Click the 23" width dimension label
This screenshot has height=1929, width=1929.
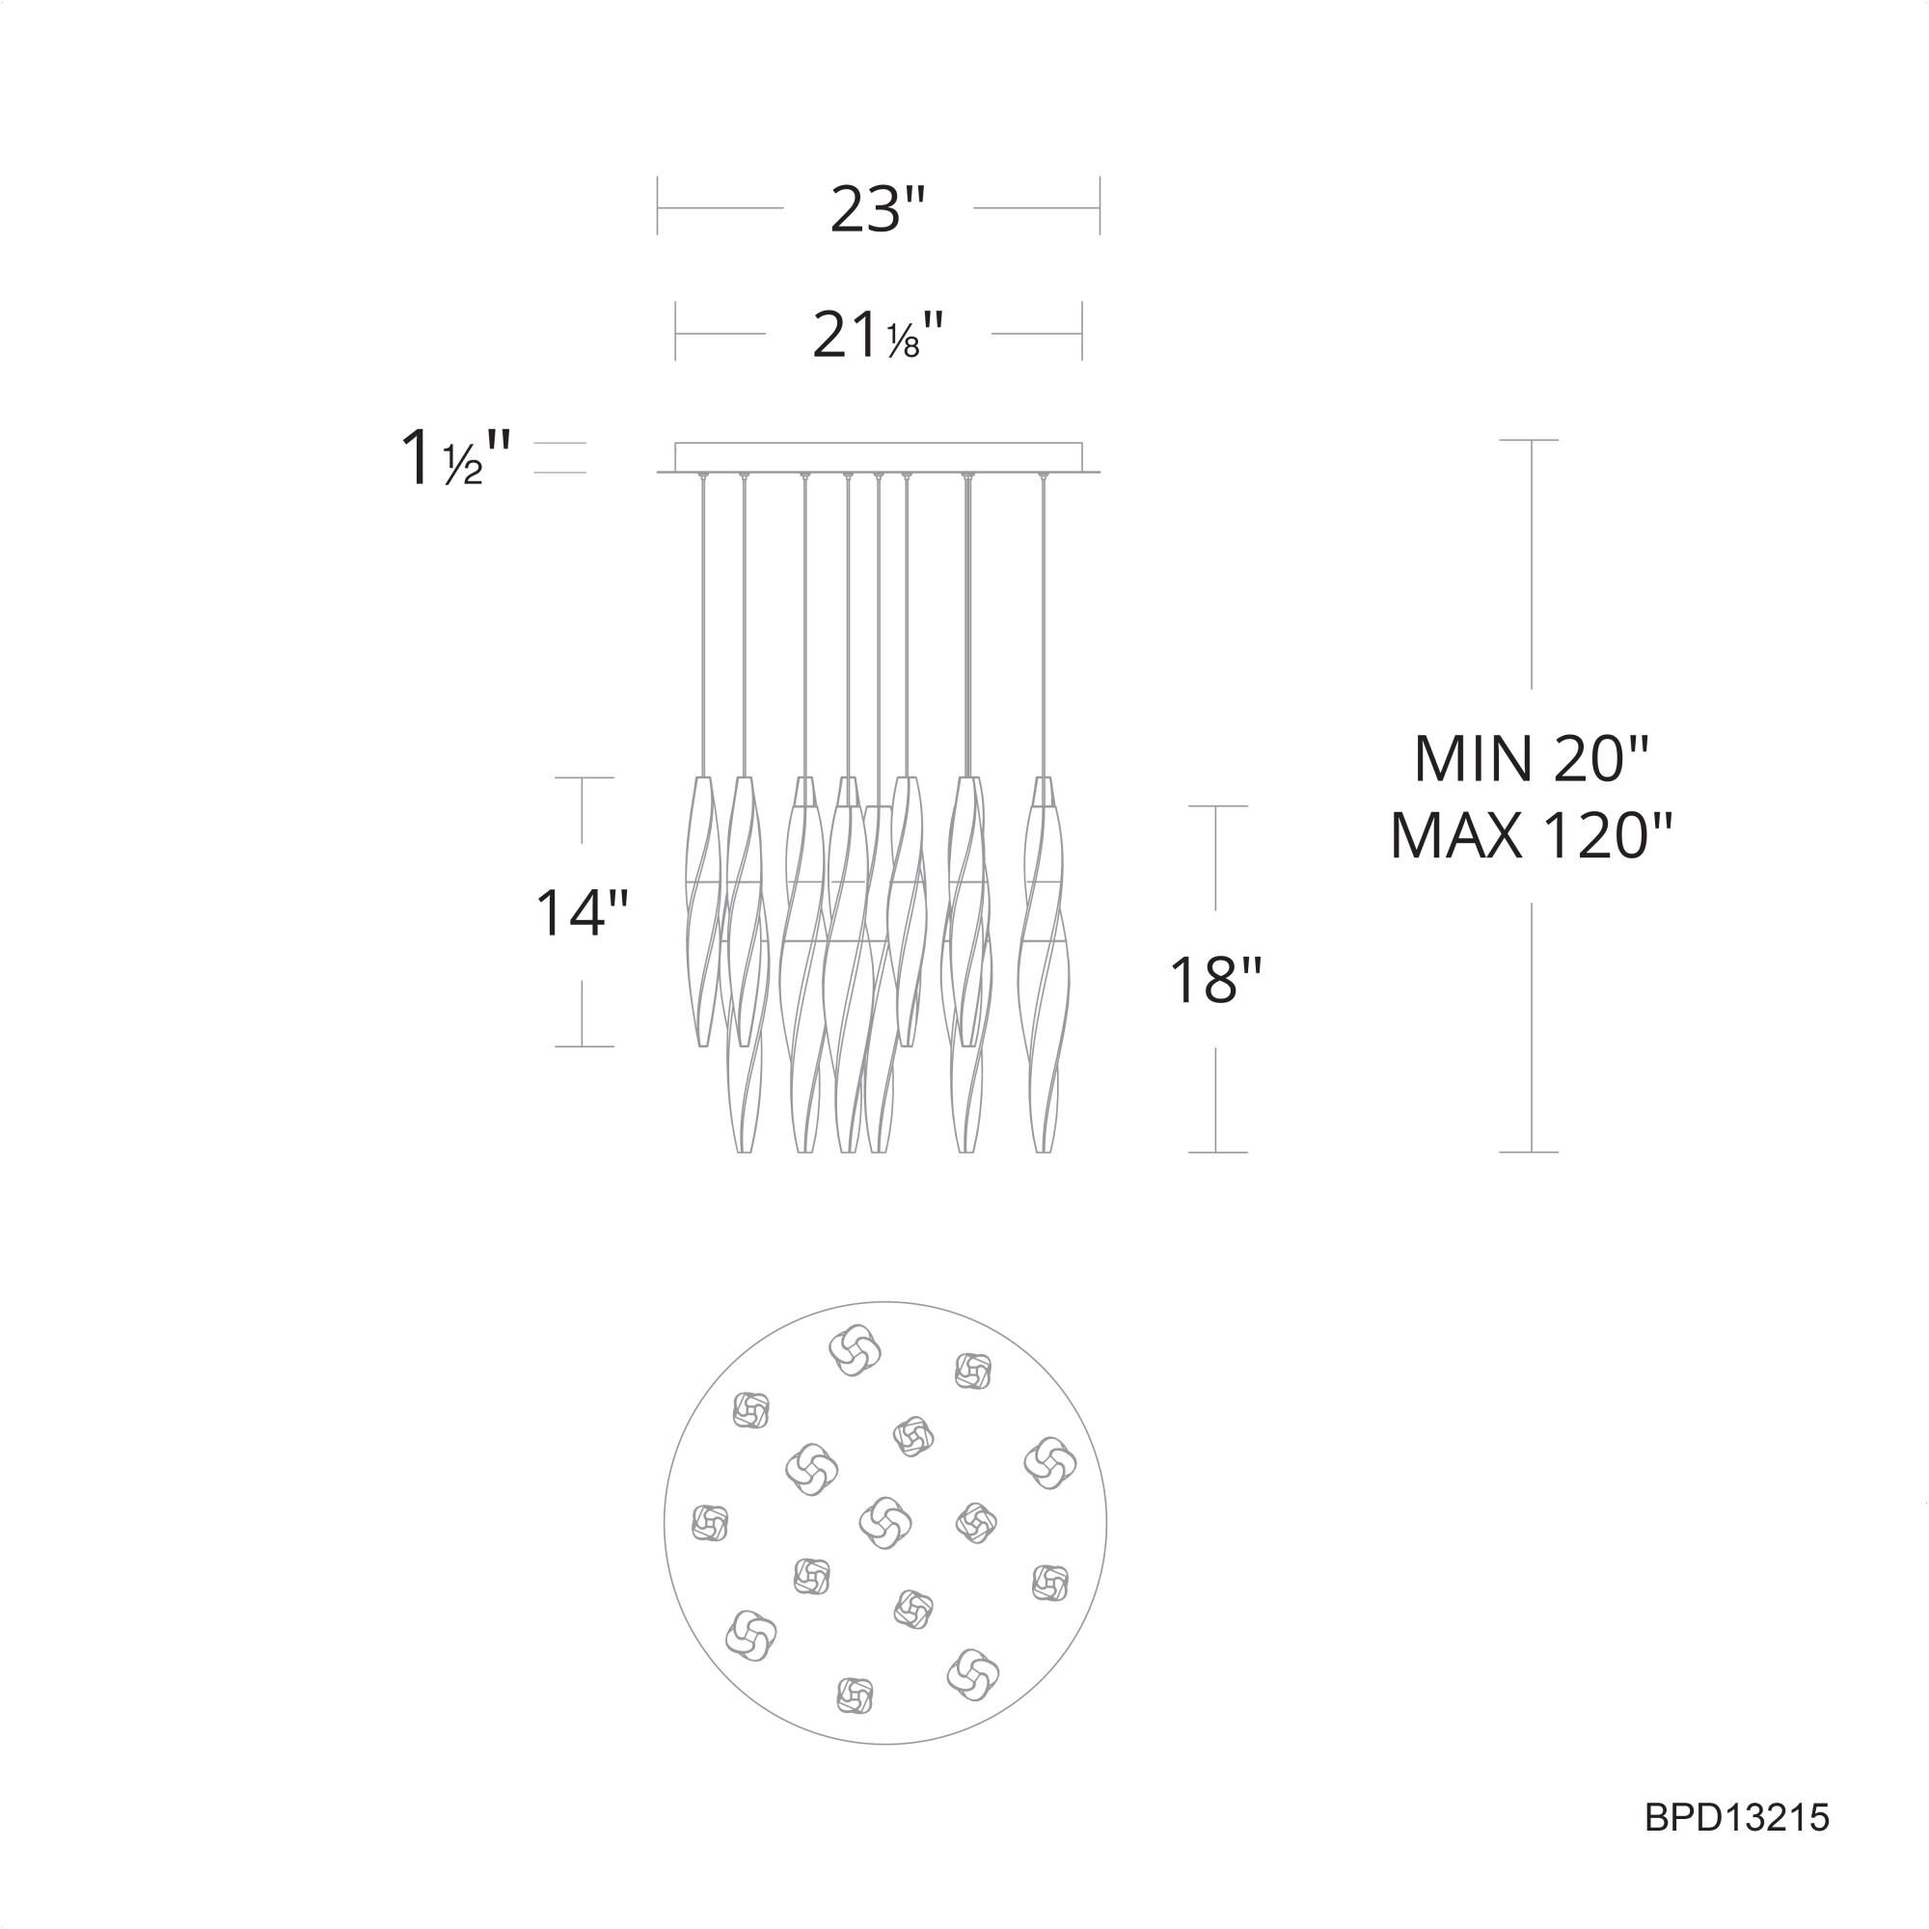[x=878, y=208]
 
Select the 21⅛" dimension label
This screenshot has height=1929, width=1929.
[x=878, y=335]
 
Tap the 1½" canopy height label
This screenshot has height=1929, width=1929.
[x=455, y=458]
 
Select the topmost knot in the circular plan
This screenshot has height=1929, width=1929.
[x=855, y=1350]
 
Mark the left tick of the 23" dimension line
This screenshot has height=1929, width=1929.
[x=657, y=206]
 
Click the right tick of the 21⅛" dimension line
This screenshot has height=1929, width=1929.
[x=1082, y=332]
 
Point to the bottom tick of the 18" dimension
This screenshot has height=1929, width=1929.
[x=1216, y=1153]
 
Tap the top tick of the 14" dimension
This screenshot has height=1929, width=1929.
[x=584, y=776]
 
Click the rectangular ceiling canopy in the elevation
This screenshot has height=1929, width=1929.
[x=878, y=456]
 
